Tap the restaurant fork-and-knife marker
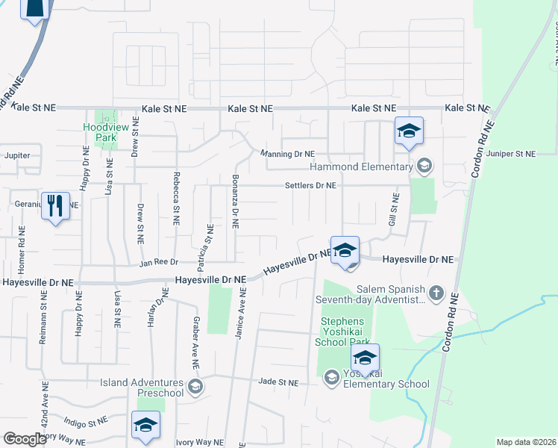point(54,205)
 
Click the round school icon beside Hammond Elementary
point(424,166)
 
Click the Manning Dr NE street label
point(287,154)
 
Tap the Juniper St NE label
point(510,154)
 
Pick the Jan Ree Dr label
point(158,263)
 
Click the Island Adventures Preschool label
point(142,388)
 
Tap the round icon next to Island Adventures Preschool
point(195,386)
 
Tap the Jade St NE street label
point(278,382)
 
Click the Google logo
point(25,439)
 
